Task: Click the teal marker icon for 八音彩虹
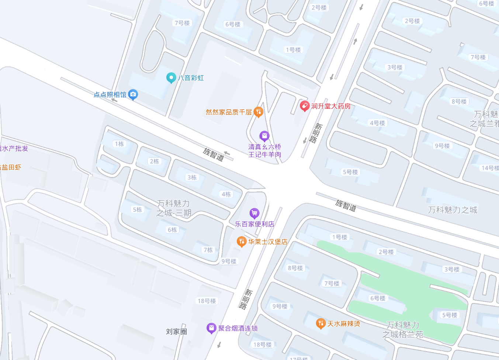pos(171,77)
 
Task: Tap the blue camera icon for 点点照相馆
pos(133,94)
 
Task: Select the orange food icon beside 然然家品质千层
pos(259,112)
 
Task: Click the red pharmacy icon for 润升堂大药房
pos(304,106)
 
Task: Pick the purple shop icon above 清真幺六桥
pos(264,136)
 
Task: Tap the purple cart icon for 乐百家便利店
pos(254,213)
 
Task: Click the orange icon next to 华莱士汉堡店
pos(241,242)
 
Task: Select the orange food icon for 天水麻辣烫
pos(320,323)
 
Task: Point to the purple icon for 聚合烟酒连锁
pos(211,328)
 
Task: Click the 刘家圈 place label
pos(176,331)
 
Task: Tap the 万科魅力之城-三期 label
pos(174,208)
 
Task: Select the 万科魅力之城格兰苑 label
pos(403,329)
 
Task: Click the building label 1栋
pos(119,144)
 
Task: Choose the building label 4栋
pos(226,194)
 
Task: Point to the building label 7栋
pos(208,250)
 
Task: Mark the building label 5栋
pos(138,210)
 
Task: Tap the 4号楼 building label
pos(377,123)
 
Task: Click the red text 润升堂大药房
pos(331,106)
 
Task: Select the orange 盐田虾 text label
pos(11,167)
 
